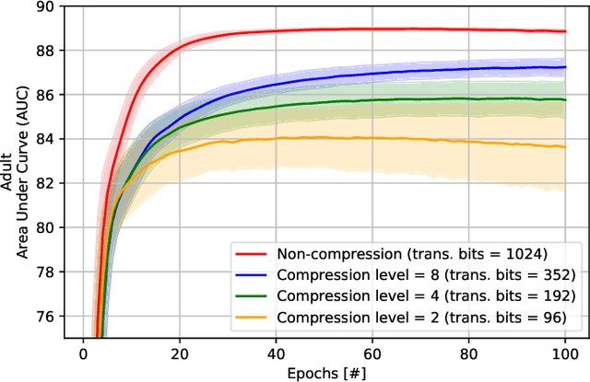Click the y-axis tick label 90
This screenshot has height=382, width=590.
coord(44,6)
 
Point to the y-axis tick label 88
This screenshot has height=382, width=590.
coord(44,51)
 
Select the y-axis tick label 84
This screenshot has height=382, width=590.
coord(44,139)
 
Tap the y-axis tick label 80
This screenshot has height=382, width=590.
coord(44,227)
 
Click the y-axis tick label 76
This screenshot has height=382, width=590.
coord(44,316)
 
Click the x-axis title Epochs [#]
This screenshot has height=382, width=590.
coord(323,371)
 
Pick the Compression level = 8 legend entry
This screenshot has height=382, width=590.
coord(427,273)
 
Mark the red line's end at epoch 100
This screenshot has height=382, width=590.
coord(564,31)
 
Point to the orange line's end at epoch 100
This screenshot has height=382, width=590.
coord(564,147)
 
